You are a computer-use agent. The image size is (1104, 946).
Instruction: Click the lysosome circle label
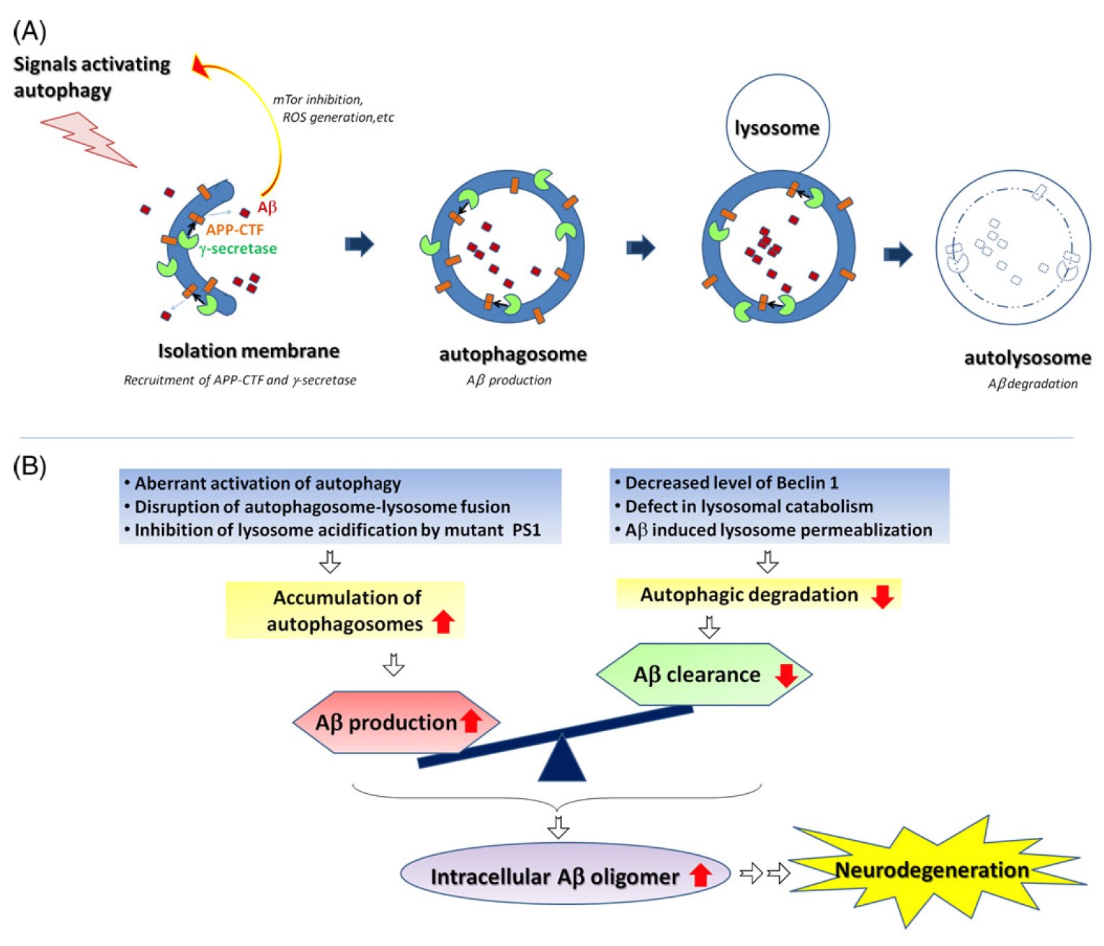(777, 128)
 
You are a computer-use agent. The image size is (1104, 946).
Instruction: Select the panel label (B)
(30, 467)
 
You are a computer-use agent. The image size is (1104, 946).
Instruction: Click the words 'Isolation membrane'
(249, 351)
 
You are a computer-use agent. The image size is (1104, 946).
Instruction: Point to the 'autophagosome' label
(512, 354)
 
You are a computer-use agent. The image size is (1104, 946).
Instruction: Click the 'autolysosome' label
(1027, 358)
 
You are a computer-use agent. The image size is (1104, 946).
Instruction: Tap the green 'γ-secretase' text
(239, 249)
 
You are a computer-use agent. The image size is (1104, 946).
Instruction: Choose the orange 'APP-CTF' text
(235, 230)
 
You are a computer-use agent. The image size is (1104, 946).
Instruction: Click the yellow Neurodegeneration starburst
(932, 870)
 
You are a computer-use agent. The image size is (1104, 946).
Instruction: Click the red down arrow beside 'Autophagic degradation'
(882, 596)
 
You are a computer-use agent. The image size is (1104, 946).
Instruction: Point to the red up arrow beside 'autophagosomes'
(443, 622)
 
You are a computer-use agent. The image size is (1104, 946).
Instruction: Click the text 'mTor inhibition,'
(318, 100)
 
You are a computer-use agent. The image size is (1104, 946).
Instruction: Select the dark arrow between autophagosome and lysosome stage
(640, 247)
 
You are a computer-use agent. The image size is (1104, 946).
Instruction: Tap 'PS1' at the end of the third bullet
(526, 530)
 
